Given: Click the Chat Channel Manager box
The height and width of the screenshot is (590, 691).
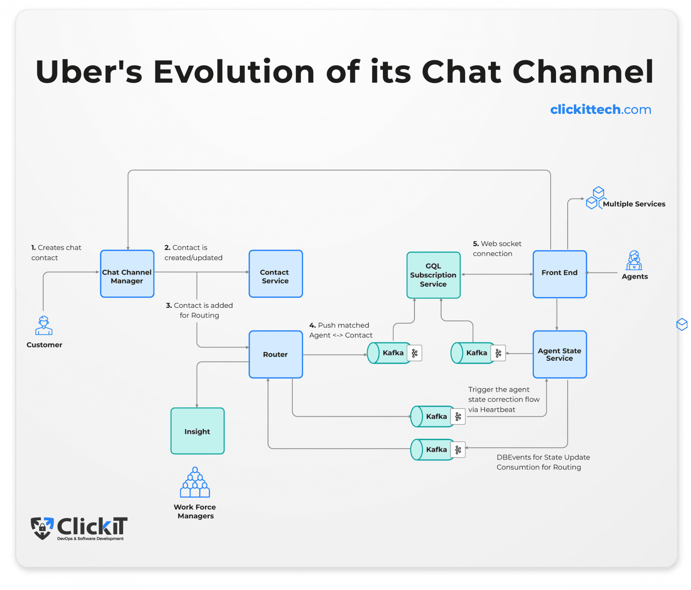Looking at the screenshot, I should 127,274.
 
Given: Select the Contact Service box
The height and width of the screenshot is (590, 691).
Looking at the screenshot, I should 276,274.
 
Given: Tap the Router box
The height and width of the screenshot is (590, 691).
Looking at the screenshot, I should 276,355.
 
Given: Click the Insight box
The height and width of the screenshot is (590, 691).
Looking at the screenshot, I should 197,431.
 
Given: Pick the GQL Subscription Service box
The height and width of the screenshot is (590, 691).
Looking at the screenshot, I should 433,275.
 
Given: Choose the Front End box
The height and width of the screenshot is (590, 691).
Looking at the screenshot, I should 560,274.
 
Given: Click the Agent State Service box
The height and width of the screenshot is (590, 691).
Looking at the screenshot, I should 560,355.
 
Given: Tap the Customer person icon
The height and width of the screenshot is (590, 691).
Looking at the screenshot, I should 44,326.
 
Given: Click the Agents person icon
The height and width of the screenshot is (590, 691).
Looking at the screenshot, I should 634,261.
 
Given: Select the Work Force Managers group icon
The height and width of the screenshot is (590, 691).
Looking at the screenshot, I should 195,482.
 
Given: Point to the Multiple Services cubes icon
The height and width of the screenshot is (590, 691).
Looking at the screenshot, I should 596,198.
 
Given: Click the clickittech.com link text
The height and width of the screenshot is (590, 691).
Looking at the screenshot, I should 600,109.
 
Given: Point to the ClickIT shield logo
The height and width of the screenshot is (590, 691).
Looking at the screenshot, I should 42,528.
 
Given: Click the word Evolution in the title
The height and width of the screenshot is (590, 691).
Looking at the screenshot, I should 233,72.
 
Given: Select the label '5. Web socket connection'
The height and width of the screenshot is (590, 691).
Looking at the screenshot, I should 497,248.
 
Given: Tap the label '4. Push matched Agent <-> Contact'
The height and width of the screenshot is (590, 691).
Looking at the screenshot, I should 341,330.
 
